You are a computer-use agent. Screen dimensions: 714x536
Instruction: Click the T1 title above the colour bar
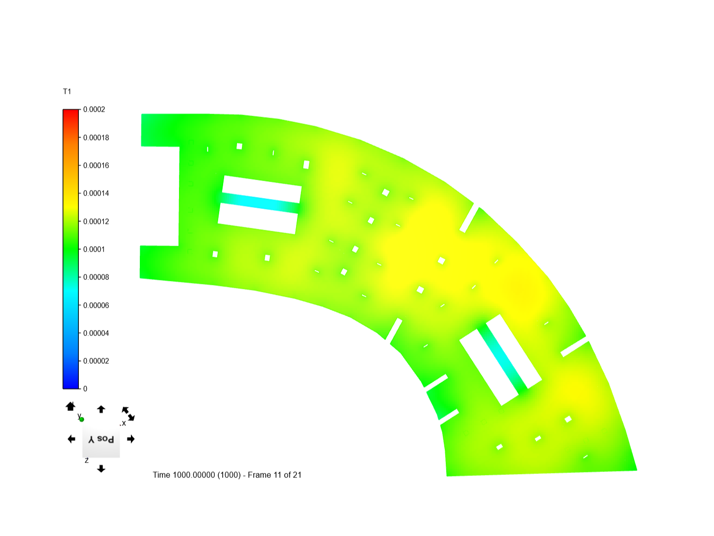tap(67, 91)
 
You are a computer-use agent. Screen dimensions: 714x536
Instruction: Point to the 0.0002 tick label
tap(94, 109)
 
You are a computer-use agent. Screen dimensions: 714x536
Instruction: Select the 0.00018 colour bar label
tap(96, 137)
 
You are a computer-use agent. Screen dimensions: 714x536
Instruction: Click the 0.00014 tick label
tap(96, 194)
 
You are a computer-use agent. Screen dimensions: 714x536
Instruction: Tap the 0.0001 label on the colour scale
tap(94, 249)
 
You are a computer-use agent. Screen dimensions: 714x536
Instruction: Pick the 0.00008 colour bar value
tap(96, 277)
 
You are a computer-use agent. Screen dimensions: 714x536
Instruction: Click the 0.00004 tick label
tap(96, 333)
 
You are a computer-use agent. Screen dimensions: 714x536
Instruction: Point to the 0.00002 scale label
tap(96, 361)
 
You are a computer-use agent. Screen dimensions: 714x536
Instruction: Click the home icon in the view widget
tap(70, 406)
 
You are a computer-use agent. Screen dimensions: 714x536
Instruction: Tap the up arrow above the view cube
tap(101, 409)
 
